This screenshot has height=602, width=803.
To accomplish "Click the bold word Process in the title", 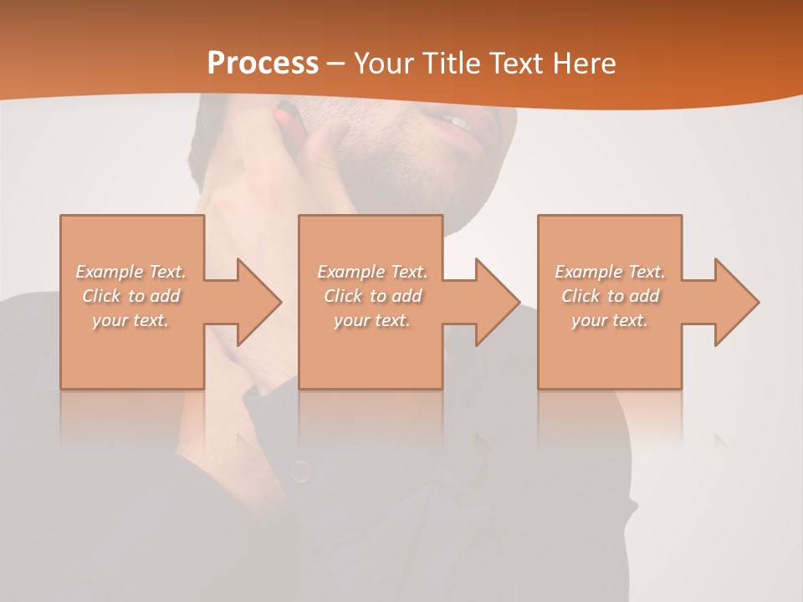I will pos(263,64).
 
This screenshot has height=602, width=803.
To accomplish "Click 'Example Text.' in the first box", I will pos(130,272).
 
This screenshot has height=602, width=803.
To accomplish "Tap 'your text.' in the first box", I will pos(130,320).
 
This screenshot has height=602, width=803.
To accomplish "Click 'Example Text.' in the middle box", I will pos(372,272).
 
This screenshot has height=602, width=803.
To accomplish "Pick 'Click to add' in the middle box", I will pos(372,296).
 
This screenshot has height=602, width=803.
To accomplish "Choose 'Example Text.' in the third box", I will pos(610,272).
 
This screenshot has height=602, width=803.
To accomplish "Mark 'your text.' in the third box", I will pos(610,320).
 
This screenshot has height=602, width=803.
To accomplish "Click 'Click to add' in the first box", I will pos(130,296).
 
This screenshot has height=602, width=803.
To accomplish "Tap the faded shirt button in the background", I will pos(300,472).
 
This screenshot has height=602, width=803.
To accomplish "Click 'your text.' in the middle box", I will pos(372,320).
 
